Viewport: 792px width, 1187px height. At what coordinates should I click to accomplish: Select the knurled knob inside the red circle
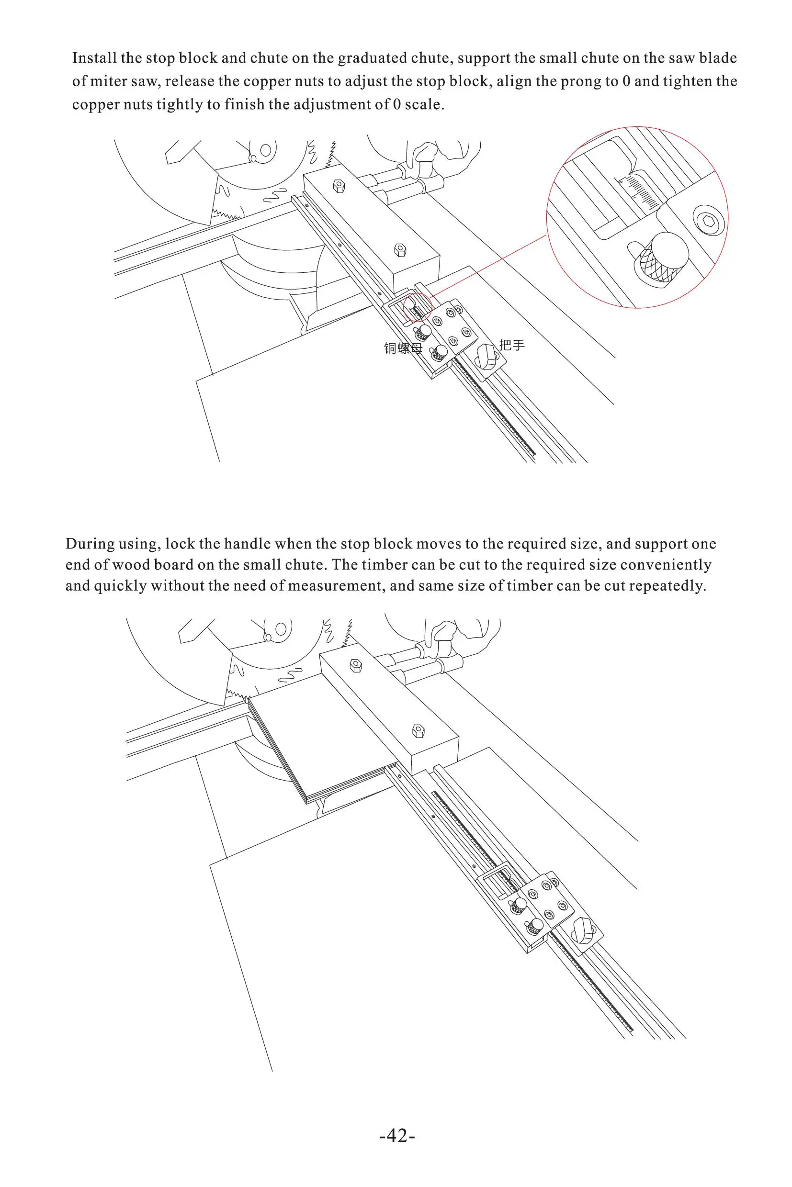click(662, 259)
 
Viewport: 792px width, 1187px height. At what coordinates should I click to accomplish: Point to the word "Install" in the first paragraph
click(94, 58)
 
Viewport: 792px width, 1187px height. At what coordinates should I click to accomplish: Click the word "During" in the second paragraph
click(89, 544)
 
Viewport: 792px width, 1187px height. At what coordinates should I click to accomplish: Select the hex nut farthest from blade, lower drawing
click(418, 730)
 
